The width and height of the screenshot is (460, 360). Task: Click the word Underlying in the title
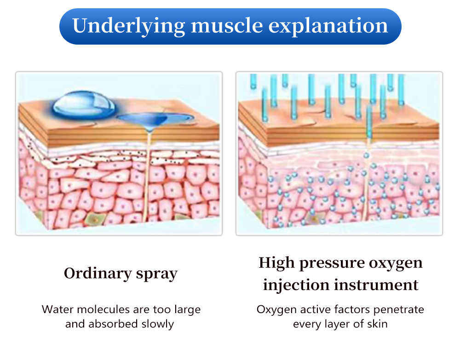tap(128, 26)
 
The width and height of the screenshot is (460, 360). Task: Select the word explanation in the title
tap(328, 26)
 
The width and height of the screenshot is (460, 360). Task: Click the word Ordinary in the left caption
tap(98, 274)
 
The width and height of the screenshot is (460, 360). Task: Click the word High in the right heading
tap(276, 263)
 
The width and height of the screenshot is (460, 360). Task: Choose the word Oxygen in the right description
tap(276, 310)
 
